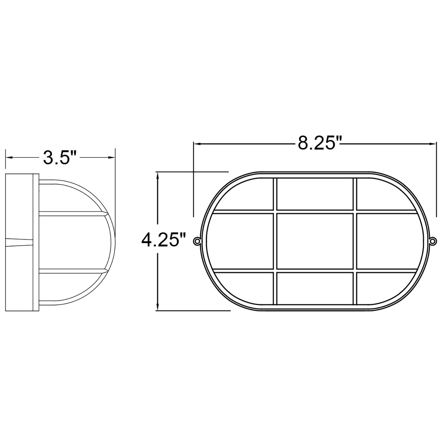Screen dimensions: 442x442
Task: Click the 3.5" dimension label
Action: click(x=60, y=158)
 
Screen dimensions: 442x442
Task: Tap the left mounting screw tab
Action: click(x=197, y=241)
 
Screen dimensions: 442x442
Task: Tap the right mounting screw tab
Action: click(x=433, y=241)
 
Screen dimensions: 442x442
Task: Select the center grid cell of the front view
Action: click(x=315, y=241)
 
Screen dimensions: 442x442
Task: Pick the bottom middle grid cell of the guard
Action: click(x=315, y=288)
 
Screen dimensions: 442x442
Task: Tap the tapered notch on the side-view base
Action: click(x=19, y=241)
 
